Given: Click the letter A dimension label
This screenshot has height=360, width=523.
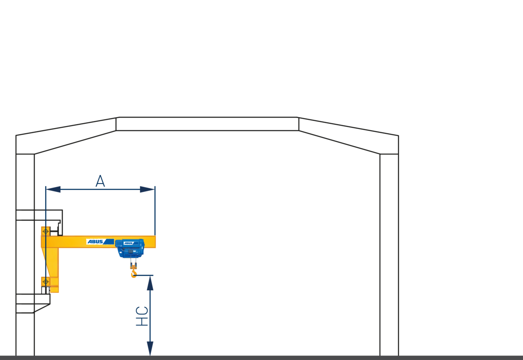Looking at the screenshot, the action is coord(100,181).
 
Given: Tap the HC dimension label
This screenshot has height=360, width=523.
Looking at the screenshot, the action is coord(142,316).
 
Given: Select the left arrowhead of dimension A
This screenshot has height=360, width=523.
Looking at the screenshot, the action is coord(53,189).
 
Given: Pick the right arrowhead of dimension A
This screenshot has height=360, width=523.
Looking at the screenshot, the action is coord(147,189).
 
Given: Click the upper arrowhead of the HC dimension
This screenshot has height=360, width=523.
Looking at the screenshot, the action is coord(150,283).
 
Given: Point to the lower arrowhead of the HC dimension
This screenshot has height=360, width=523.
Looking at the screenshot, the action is coord(150,349).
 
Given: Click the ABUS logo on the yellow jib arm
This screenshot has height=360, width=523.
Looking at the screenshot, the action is coord(100,241).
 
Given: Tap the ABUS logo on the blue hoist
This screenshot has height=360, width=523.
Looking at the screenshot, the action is coord(131,243).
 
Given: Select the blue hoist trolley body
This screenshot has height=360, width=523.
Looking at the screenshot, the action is coord(130,248).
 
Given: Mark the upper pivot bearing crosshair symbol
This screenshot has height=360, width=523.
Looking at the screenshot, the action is coord(46,231).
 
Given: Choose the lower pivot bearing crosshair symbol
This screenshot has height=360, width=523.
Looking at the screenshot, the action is coord(46,282).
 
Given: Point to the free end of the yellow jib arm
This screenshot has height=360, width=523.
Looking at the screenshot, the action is coord(155,241).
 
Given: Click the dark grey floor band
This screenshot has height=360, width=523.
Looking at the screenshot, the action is coord(261,358).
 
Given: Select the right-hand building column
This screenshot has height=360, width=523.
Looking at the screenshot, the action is coord(389,255).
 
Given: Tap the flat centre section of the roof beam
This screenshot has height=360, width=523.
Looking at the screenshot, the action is coord(207,124).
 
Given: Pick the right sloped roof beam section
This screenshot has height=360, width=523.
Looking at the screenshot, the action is coord(349,136).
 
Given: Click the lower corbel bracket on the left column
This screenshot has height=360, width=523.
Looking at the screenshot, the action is coord(33,303).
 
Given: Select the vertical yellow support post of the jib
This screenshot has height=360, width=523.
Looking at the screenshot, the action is coord(54,270).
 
